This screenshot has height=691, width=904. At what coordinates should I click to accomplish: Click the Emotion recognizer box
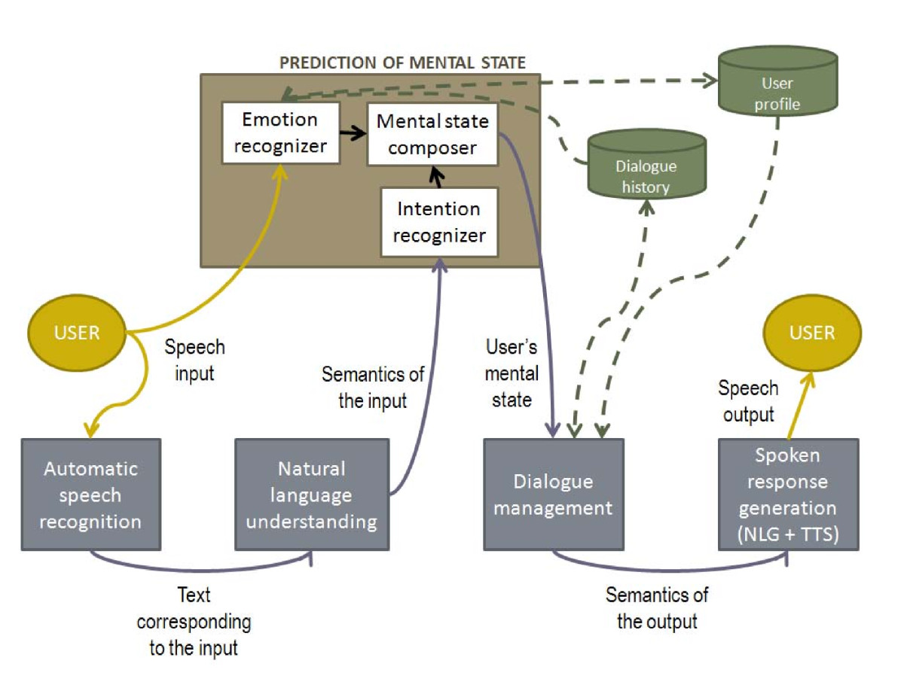click(280, 133)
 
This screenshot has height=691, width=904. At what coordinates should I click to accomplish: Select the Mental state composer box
click(432, 134)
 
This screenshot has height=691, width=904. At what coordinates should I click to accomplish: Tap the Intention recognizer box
click(439, 222)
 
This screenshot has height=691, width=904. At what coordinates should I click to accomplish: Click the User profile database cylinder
click(777, 81)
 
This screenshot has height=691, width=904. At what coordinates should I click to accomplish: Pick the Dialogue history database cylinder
click(646, 164)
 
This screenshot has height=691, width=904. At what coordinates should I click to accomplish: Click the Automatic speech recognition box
click(90, 495)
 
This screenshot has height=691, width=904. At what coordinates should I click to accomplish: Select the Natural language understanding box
click(312, 495)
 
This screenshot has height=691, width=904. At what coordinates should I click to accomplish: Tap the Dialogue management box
click(554, 495)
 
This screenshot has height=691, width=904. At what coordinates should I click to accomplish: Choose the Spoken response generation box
click(788, 495)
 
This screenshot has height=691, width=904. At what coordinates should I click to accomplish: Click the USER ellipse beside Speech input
click(77, 333)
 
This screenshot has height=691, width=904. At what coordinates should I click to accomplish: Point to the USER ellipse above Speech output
click(812, 333)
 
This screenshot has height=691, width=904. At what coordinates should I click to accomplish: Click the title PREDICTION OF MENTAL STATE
click(402, 62)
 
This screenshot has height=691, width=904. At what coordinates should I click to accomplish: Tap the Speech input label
click(195, 360)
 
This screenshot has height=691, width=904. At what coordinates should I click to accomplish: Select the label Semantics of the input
click(373, 387)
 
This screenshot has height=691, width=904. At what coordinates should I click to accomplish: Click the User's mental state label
click(512, 373)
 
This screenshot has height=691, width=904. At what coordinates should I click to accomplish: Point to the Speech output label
click(748, 401)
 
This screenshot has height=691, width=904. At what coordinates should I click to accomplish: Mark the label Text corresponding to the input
click(194, 622)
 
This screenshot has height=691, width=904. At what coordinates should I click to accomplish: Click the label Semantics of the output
click(657, 608)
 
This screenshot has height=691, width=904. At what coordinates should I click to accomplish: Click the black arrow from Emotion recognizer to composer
click(353, 132)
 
